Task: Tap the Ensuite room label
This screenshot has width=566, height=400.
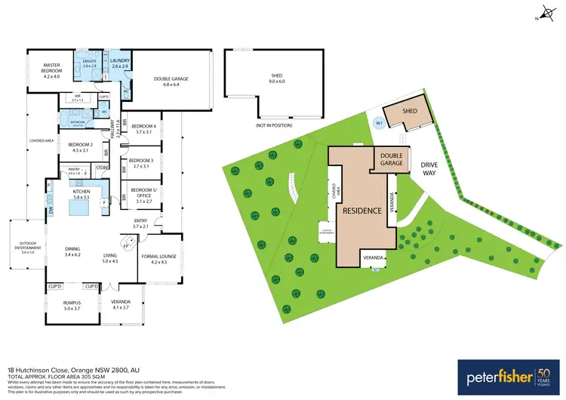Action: click(91, 63)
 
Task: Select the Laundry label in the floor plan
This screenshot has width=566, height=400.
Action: click(121, 63)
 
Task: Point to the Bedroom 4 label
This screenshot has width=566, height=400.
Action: click(143, 128)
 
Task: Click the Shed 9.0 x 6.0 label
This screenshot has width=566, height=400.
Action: click(276, 78)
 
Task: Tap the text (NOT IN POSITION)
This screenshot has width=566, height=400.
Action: click(273, 125)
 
